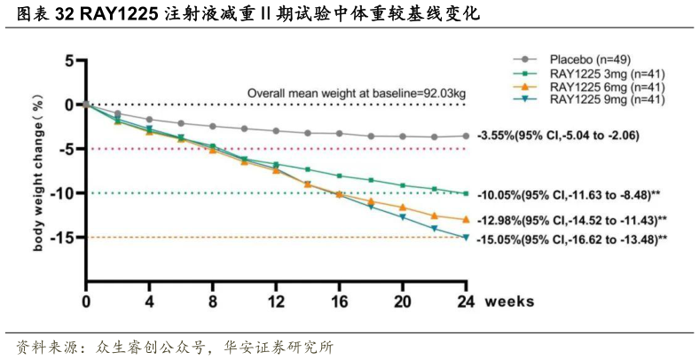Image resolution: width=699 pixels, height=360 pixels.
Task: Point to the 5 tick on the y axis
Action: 67,60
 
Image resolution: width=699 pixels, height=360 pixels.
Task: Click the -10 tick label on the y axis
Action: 61,192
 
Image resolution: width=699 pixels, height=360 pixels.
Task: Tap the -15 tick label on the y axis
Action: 61,237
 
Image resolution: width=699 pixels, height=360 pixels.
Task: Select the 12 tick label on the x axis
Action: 275,301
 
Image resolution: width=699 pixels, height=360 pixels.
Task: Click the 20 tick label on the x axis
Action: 402,301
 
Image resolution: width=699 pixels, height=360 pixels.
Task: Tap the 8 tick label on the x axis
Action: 213,301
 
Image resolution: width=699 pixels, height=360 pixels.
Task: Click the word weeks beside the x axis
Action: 509,301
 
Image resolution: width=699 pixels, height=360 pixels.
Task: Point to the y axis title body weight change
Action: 38,171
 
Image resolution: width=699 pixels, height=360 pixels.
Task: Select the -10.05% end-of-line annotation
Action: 571,194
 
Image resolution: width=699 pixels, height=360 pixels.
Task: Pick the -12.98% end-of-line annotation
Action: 571,219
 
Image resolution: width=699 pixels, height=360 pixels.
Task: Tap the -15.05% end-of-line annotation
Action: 571,239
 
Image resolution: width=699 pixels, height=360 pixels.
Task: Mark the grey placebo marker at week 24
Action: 465,136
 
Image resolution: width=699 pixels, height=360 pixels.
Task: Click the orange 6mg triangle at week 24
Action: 465,218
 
